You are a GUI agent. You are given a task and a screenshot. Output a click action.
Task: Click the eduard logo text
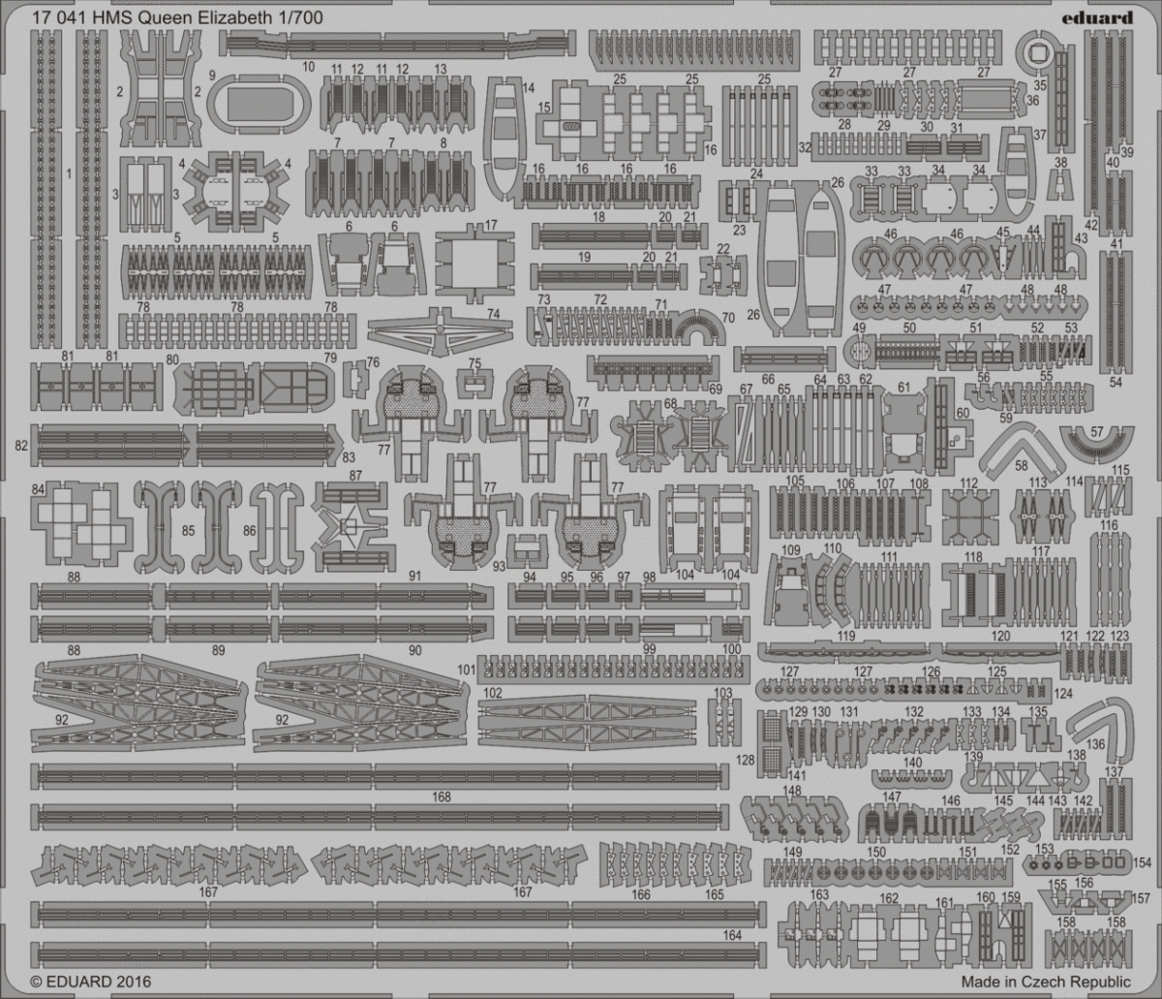tap(1096, 18)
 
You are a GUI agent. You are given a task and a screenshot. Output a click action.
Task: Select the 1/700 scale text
tap(303, 18)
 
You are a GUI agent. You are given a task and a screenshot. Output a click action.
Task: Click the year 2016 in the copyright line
tap(135, 982)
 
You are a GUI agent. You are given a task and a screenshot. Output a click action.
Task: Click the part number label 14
tap(528, 88)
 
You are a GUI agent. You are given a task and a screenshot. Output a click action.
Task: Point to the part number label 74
tap(493, 314)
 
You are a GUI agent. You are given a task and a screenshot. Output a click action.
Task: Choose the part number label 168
tap(442, 796)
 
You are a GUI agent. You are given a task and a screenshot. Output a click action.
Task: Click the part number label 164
tap(732, 935)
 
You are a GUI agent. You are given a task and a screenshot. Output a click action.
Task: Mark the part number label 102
tap(493, 693)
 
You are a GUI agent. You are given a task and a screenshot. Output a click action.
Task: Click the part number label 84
tap(38, 488)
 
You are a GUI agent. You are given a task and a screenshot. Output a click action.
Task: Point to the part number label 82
tap(20, 446)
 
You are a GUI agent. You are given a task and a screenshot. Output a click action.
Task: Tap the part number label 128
tap(745, 760)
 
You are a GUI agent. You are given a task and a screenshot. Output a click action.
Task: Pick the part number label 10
tap(308, 67)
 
